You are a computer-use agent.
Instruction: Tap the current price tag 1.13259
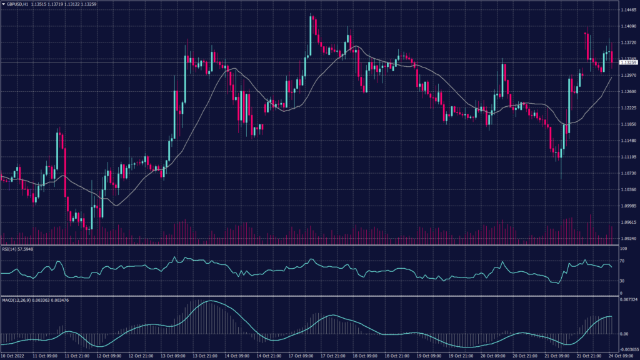(628, 62)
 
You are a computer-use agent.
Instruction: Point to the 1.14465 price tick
(628, 11)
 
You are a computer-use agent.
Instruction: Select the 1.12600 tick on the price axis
(627, 92)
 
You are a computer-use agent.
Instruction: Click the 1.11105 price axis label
(627, 157)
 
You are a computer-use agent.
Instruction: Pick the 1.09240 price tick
(627, 238)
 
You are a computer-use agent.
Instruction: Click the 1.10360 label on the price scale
(627, 189)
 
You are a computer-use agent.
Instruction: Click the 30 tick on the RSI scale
(622, 281)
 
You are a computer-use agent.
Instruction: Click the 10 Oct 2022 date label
(14, 356)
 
